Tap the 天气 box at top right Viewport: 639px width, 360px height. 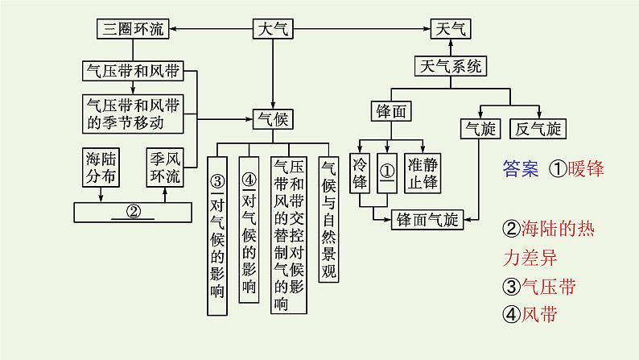pyautogui.click(x=450, y=29)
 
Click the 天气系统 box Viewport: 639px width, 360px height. pyautogui.click(x=451, y=66)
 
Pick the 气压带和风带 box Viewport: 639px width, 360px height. pyautogui.click(x=133, y=70)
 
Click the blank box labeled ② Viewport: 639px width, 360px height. pyautogui.click(x=133, y=213)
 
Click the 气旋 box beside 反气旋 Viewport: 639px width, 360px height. pyautogui.click(x=480, y=128)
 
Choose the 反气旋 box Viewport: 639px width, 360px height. pyautogui.click(x=539, y=128)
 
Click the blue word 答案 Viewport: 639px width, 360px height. pyautogui.click(x=519, y=170)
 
